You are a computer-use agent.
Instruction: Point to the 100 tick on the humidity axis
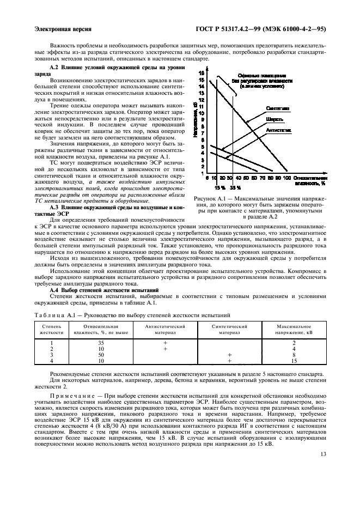[286, 178]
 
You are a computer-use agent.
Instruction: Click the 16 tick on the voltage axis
[202, 72]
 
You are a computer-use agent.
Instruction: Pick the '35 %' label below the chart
[234, 187]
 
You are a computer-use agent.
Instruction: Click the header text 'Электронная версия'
[63, 28]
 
